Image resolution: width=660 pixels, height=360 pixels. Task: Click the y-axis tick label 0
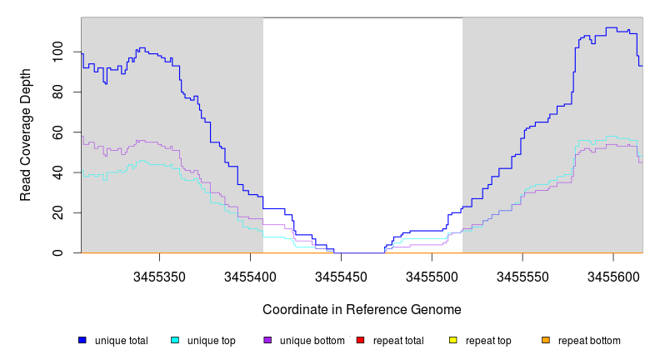57,252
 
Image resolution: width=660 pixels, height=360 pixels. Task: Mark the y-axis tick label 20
57,212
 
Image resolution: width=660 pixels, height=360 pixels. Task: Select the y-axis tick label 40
57,172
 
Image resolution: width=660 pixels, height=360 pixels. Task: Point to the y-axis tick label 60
57,132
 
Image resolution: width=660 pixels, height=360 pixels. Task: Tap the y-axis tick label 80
57,92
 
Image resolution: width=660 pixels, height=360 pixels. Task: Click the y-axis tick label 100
57,52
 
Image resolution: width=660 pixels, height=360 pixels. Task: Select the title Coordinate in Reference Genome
362,309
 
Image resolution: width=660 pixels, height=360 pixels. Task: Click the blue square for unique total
82,340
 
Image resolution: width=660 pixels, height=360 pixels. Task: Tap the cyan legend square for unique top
175,340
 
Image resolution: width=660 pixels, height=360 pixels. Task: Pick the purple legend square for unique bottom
267,340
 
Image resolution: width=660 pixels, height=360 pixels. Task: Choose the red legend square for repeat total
360,340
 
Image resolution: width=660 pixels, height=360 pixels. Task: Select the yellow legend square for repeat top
453,340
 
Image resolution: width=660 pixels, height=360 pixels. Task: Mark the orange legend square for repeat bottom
546,340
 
